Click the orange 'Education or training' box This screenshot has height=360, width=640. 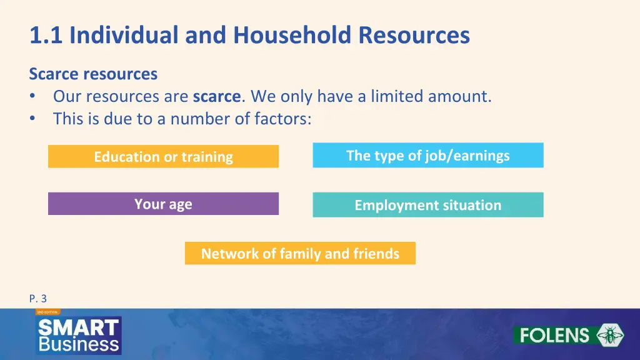(x=163, y=157)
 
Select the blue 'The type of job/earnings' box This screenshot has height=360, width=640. (x=427, y=156)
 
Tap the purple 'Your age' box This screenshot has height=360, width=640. (x=163, y=204)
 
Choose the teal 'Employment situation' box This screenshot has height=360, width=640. (x=427, y=205)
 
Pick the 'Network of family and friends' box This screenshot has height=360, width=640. (x=300, y=254)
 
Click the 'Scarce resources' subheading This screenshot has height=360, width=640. (x=93, y=74)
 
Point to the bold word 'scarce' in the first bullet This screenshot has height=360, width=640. (x=216, y=97)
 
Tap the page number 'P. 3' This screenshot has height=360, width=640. (x=38, y=299)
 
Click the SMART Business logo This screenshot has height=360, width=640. (x=78, y=335)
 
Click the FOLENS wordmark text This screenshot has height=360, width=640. (x=554, y=336)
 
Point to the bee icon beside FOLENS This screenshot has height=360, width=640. (x=609, y=335)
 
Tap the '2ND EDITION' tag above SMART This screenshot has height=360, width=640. (x=47, y=311)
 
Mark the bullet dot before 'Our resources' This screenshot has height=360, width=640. (x=33, y=97)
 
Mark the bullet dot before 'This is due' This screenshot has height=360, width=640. (x=33, y=118)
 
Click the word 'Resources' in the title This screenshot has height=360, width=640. (x=414, y=36)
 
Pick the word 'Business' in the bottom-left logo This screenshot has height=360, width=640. (x=78, y=344)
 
